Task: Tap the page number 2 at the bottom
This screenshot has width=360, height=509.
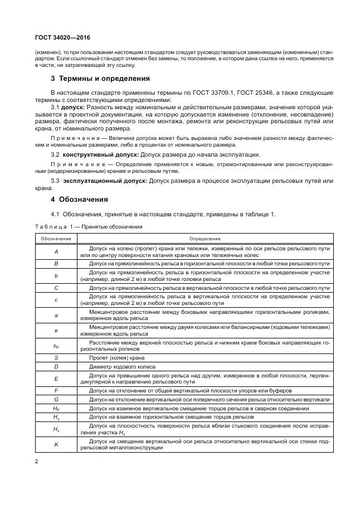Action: coord(36,462)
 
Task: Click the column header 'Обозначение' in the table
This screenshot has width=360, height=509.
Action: coord(56,238)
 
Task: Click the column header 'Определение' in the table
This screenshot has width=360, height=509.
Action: coord(205,238)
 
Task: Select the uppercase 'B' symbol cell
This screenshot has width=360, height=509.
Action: coord(56,263)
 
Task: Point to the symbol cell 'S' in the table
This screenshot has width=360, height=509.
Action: coord(56,358)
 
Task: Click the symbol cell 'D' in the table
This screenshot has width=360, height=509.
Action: coord(56,366)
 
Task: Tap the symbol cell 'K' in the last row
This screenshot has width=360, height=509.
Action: coord(56,444)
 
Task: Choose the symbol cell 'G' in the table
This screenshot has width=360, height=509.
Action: coord(56,400)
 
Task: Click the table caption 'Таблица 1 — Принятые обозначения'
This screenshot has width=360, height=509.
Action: coord(89,226)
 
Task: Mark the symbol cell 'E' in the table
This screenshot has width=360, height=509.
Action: coord(56,379)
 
